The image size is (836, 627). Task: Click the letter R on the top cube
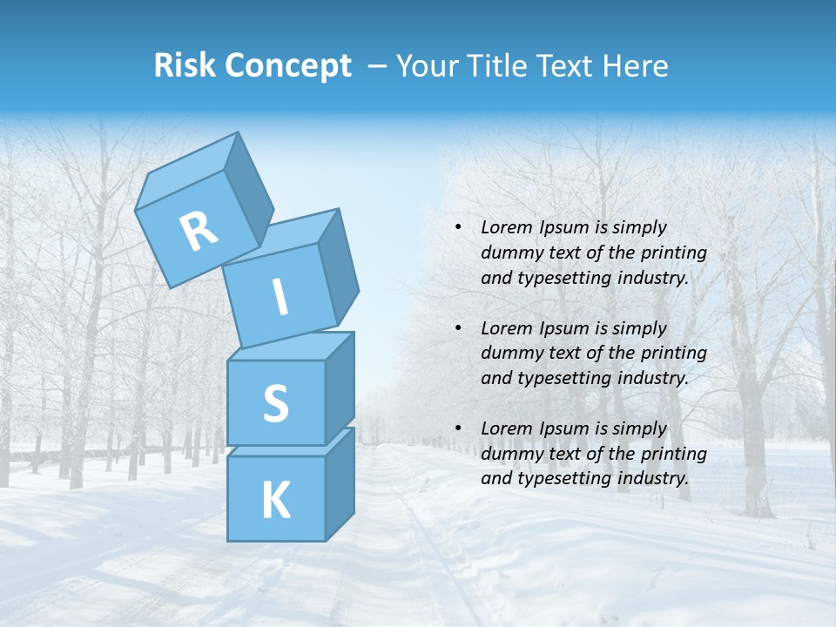199,233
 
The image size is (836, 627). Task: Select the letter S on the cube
275,404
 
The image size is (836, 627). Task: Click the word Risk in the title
185,65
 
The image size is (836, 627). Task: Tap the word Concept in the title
287,65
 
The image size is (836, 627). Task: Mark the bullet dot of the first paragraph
458,228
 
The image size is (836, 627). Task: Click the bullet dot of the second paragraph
458,329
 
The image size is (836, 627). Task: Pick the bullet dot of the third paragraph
458,429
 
